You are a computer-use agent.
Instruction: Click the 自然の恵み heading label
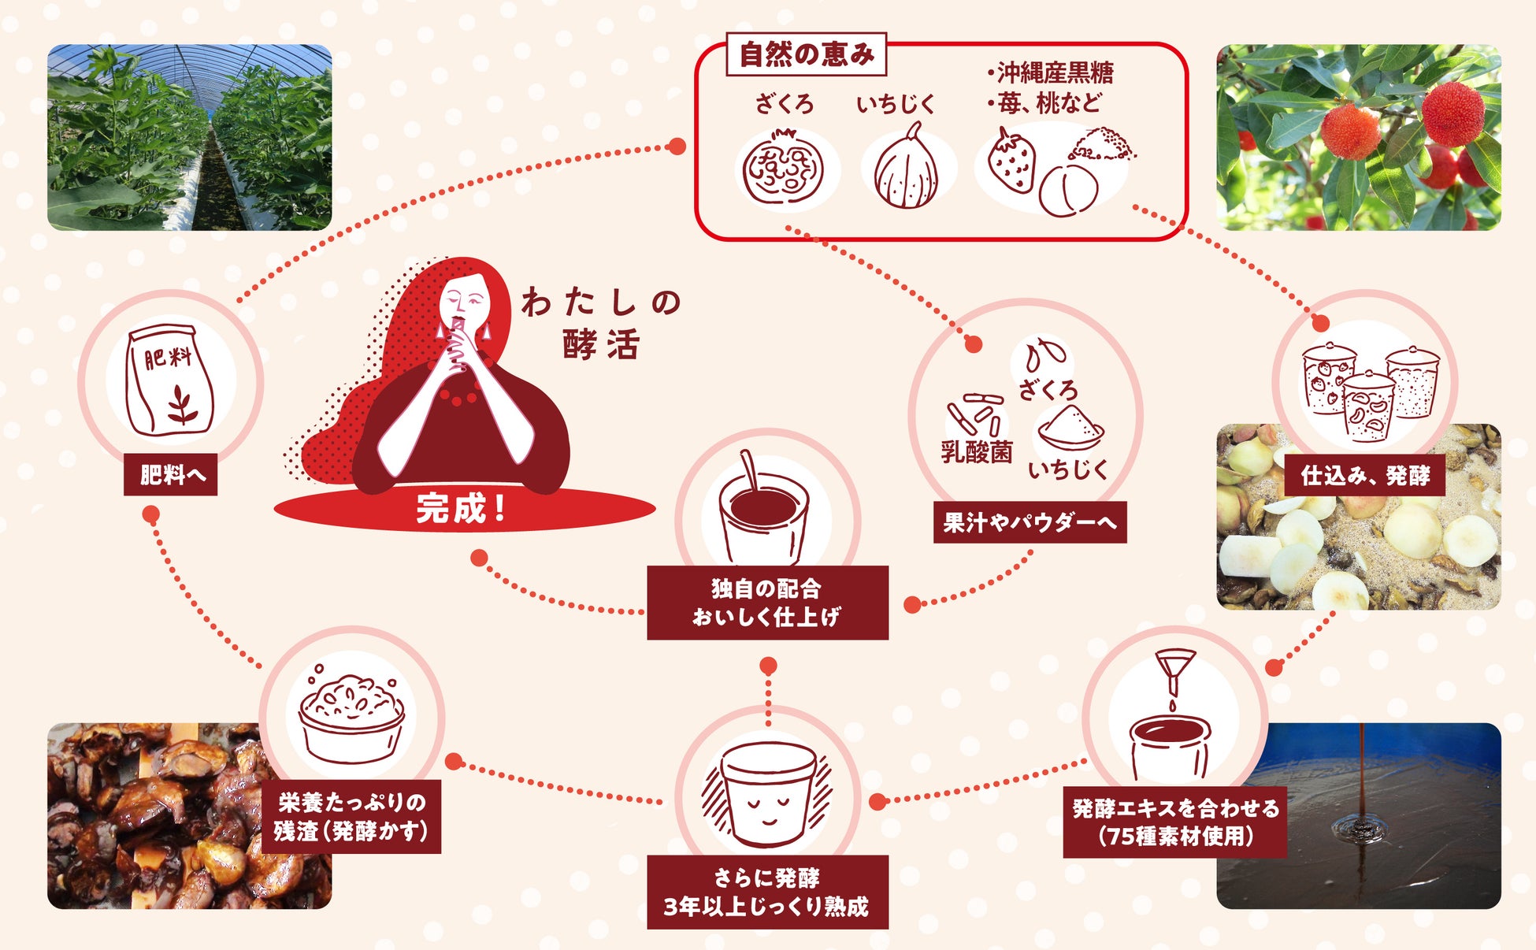(x=806, y=54)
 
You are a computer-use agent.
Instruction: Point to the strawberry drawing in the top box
(x=1013, y=162)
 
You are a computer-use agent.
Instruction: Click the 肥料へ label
(x=171, y=475)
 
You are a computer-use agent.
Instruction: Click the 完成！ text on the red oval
(x=462, y=509)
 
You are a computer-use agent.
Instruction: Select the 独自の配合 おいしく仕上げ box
(x=767, y=603)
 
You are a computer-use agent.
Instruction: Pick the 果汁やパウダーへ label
(x=1030, y=522)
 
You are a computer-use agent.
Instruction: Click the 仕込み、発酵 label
(x=1364, y=475)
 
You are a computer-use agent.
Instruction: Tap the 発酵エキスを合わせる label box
(x=1174, y=822)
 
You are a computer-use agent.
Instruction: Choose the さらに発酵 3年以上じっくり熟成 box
(x=767, y=892)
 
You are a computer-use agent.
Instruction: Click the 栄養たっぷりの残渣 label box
(x=351, y=817)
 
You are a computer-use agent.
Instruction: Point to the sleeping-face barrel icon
(x=767, y=791)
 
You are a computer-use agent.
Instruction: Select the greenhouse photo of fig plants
(x=189, y=137)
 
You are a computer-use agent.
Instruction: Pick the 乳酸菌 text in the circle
(x=976, y=452)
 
